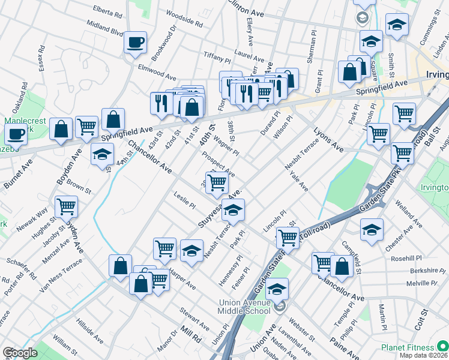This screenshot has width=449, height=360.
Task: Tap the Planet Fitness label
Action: tap(408, 347)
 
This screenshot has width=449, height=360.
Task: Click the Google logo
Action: tap(19, 353)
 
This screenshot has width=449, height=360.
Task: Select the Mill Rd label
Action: tap(191, 335)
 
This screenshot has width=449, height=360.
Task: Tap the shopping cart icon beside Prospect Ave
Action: tap(217, 182)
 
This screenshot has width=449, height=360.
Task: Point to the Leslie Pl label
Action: tap(184, 200)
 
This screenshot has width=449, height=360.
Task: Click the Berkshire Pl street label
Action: tap(415, 271)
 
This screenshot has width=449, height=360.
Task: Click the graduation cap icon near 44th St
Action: tap(102, 154)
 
